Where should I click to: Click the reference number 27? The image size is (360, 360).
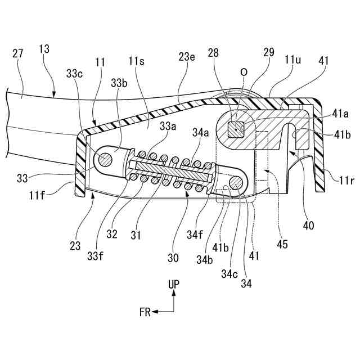tap(17, 54)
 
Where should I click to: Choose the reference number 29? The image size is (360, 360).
tap(268, 52)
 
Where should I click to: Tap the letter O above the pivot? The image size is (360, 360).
tap(244, 73)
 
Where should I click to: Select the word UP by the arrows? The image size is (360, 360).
tap(174, 285)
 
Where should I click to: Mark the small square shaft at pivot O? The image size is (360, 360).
tap(235, 130)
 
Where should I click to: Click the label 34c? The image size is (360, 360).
tap(229, 274)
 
